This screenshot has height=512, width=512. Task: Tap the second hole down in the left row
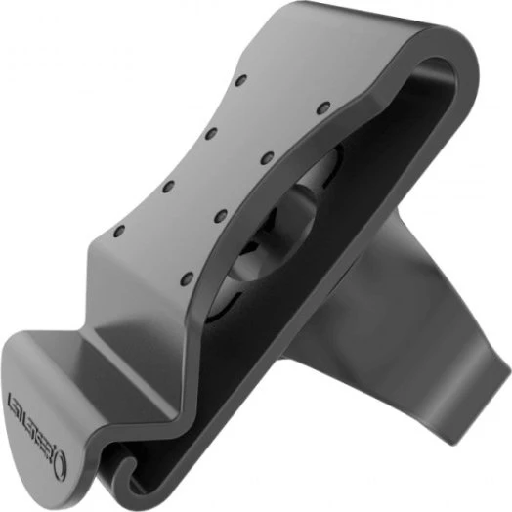209,129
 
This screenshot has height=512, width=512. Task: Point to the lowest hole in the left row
119,234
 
